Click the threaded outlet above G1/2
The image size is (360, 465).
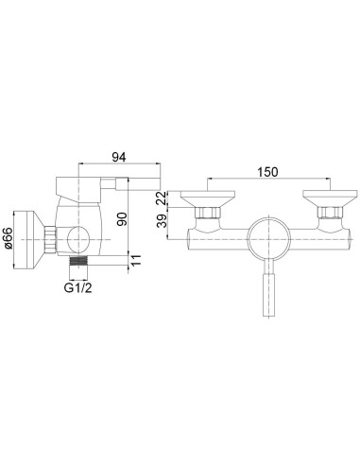(x=80, y=256)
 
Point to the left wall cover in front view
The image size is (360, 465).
(x=204, y=200)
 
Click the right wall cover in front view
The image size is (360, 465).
(x=325, y=200)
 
